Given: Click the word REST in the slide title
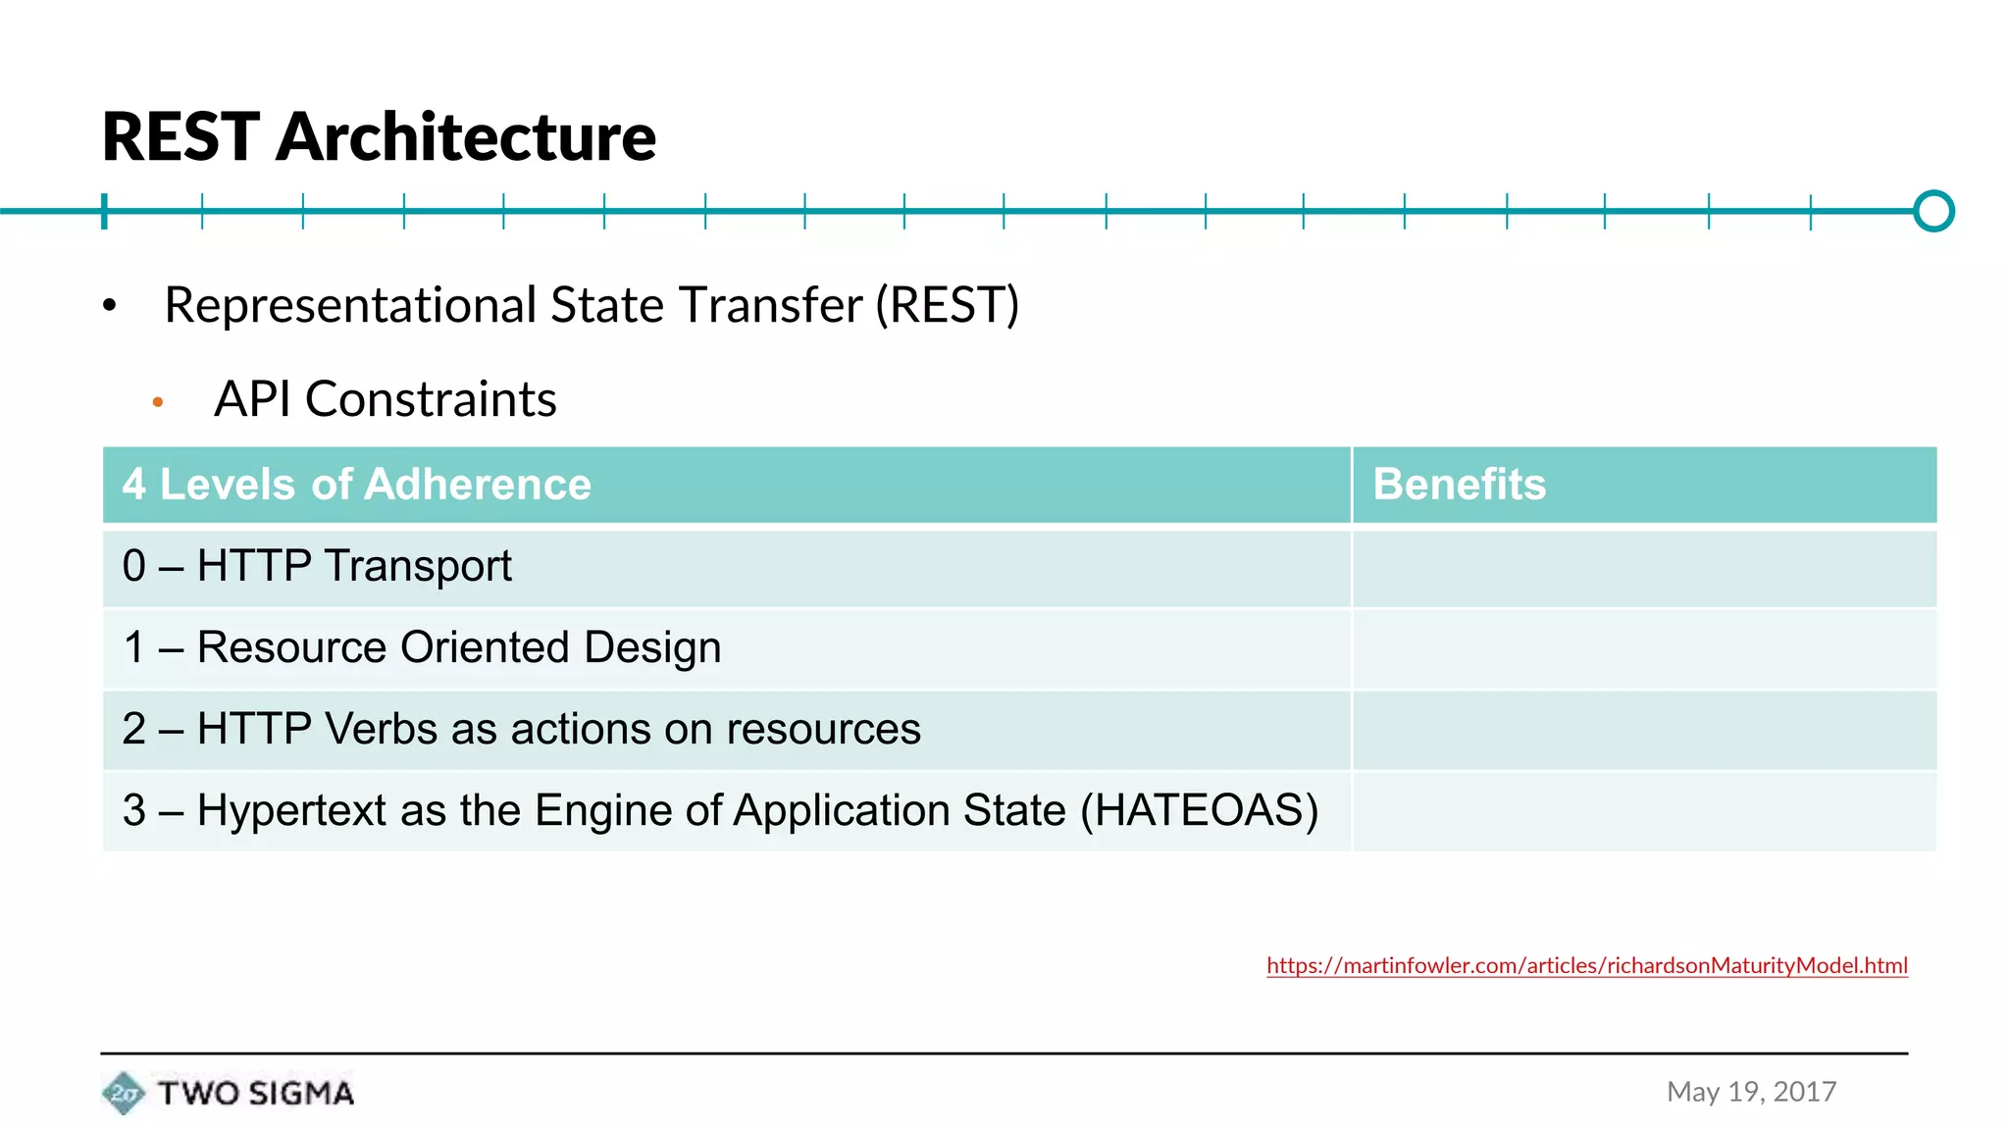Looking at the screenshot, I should click(180, 136).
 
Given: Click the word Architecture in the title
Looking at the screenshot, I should click(466, 136).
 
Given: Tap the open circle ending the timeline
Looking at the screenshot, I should click(1933, 211).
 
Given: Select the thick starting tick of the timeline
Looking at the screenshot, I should click(104, 211).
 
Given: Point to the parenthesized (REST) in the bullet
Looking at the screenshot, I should click(947, 305).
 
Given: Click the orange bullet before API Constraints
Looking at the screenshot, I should click(157, 402).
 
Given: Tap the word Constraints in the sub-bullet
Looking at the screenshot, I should click(431, 399).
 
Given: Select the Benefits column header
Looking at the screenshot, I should click(1459, 485).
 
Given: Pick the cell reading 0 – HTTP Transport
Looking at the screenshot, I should click(317, 566).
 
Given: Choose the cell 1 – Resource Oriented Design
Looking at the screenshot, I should click(422, 647).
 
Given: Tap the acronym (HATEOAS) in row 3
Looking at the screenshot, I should click(1199, 810).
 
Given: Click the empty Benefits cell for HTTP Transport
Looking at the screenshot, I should click(1643, 568).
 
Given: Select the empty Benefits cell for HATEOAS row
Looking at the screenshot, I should click(1643, 811).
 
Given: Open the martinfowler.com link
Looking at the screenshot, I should click(1586, 965).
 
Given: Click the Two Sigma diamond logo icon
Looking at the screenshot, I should click(124, 1093).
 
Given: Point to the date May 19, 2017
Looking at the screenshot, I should click(1751, 1092).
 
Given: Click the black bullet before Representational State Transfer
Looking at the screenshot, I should click(110, 307).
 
